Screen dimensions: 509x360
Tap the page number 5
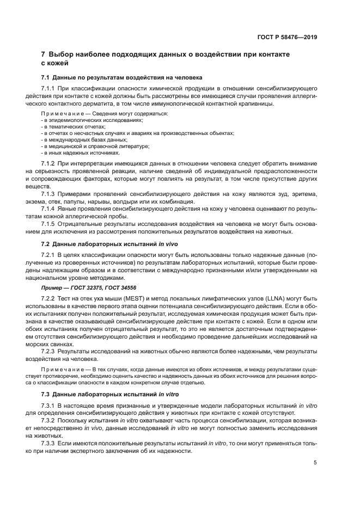tap(315, 463)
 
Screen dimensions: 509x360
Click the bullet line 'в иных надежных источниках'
tap(74, 152)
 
